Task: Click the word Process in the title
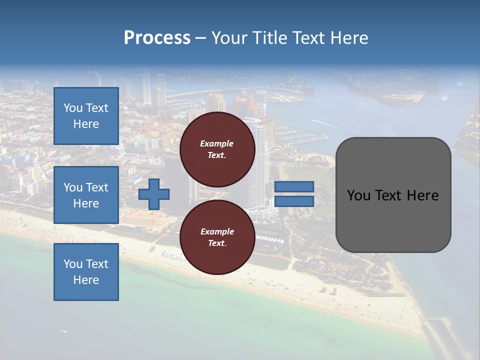[157, 38]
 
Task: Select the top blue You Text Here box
[86, 116]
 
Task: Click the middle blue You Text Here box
[86, 195]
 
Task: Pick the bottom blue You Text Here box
[86, 272]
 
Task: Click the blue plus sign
[154, 194]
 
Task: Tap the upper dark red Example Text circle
[217, 149]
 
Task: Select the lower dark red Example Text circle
[217, 237]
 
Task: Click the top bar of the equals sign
[294, 186]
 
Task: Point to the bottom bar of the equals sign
[294, 201]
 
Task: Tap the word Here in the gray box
[421, 195]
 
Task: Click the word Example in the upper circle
[217, 143]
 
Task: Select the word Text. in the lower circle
[217, 243]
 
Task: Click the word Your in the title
[228, 38]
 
